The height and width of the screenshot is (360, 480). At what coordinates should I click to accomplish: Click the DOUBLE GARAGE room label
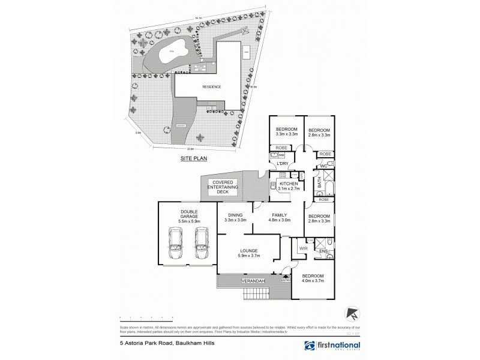(x=188, y=217)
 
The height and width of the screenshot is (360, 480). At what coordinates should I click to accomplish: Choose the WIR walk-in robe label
(x=302, y=247)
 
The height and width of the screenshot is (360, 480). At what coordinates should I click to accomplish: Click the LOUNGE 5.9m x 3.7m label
(x=248, y=254)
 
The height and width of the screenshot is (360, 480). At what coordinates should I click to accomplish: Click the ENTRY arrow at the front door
(x=286, y=277)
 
